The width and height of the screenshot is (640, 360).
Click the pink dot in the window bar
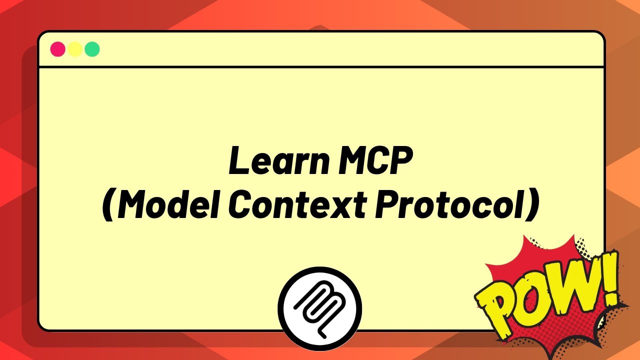tap(58, 49)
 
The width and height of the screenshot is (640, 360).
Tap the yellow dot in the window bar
tap(75, 49)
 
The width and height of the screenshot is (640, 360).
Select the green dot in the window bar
tap(92, 49)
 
